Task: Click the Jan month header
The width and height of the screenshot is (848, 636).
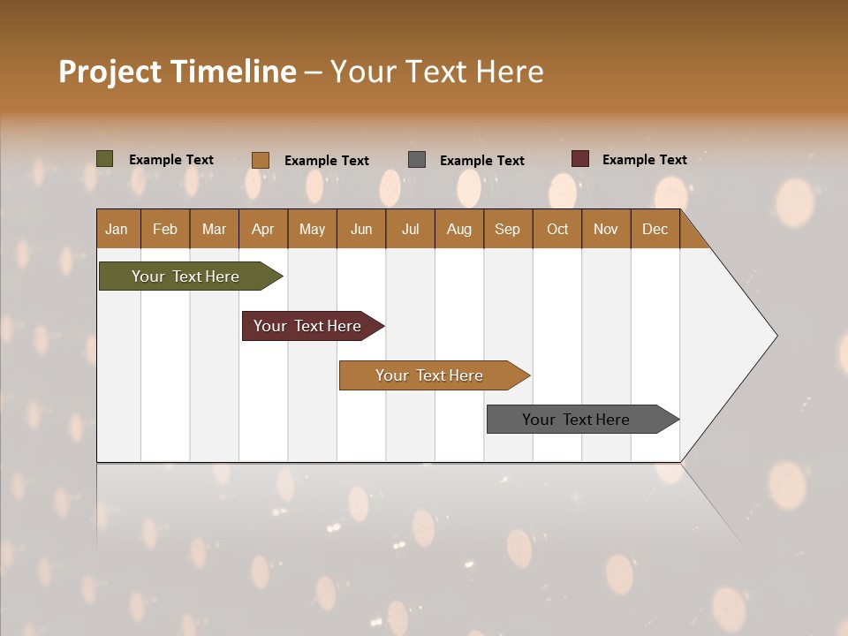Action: point(117,230)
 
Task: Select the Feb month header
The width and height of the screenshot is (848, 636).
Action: point(165,230)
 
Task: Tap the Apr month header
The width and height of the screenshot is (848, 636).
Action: point(263,230)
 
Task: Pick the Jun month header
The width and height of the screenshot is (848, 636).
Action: point(361,230)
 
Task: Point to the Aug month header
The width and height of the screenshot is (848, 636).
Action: point(459,230)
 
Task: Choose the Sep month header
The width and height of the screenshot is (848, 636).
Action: point(508,230)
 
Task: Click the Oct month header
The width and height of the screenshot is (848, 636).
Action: point(557,230)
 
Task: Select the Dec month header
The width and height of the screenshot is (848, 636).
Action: point(655,230)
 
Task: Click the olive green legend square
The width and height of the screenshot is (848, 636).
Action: point(105,159)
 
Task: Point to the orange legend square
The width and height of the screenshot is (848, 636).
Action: point(261,160)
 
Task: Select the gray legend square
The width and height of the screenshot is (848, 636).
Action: point(417,160)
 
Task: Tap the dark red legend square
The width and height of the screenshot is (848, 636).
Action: point(580,159)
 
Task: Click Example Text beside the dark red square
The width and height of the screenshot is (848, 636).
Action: point(645,160)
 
